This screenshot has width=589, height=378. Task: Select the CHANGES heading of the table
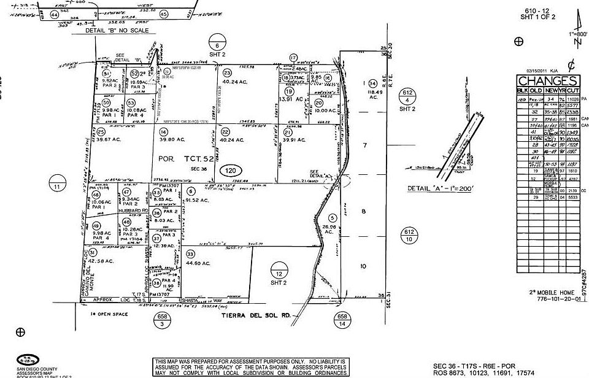(547, 81)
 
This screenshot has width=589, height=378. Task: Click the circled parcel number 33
(190, 253)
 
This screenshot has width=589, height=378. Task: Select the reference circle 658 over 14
(342, 319)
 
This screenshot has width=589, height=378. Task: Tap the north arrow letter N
(576, 42)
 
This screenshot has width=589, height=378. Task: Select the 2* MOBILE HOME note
(545, 293)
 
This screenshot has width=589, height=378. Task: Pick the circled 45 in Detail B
(164, 13)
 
